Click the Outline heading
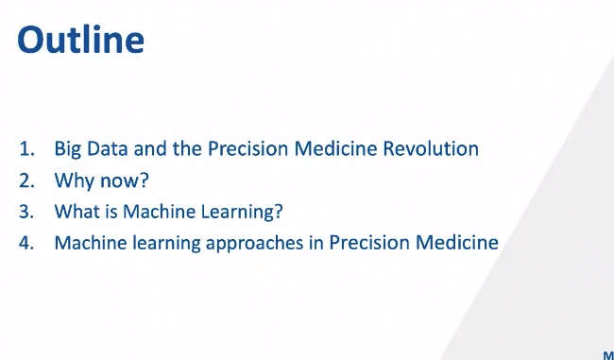pyautogui.click(x=80, y=39)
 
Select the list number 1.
pyautogui.click(x=26, y=149)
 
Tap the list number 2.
pyautogui.click(x=26, y=180)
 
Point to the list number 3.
pyautogui.click(x=26, y=212)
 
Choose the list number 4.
pyautogui.click(x=26, y=243)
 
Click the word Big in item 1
pyautogui.click(x=67, y=150)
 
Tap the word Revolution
pyautogui.click(x=431, y=149)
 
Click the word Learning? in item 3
pyautogui.click(x=242, y=213)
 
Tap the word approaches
pyautogui.click(x=254, y=244)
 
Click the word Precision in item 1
pyautogui.click(x=247, y=149)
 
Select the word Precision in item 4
pyautogui.click(x=369, y=243)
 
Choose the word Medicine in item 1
pyautogui.click(x=335, y=149)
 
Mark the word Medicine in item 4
pyautogui.click(x=457, y=243)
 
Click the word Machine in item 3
pyautogui.click(x=160, y=212)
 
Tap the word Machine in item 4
pyautogui.click(x=91, y=243)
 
